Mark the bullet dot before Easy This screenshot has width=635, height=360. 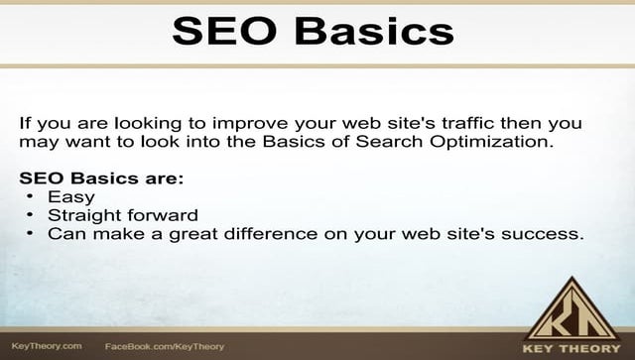click(32, 197)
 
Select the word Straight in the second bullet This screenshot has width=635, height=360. click(97, 215)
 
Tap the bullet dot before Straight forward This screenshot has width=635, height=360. click(32, 215)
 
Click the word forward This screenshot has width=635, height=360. click(169, 215)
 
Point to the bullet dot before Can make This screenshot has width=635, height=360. click(32, 234)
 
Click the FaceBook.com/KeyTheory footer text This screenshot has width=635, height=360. click(164, 347)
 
